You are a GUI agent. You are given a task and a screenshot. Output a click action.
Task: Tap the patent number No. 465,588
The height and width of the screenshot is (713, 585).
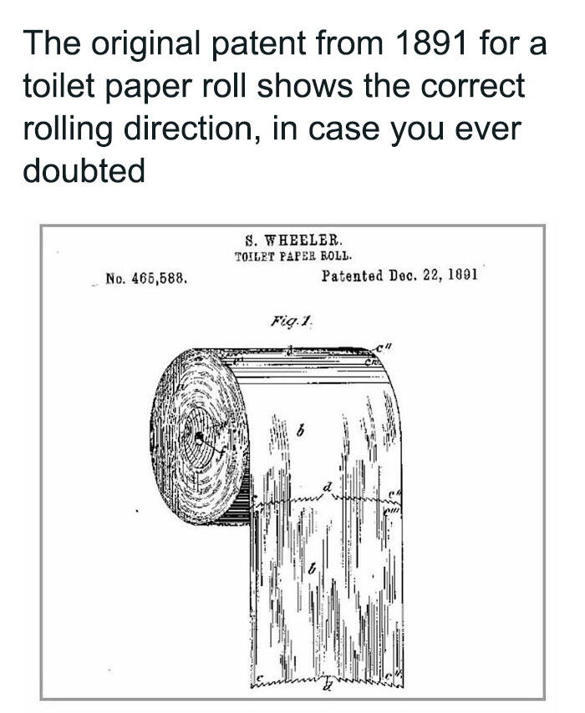[145, 276]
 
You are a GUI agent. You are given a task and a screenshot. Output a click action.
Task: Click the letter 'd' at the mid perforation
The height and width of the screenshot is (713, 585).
[327, 486]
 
